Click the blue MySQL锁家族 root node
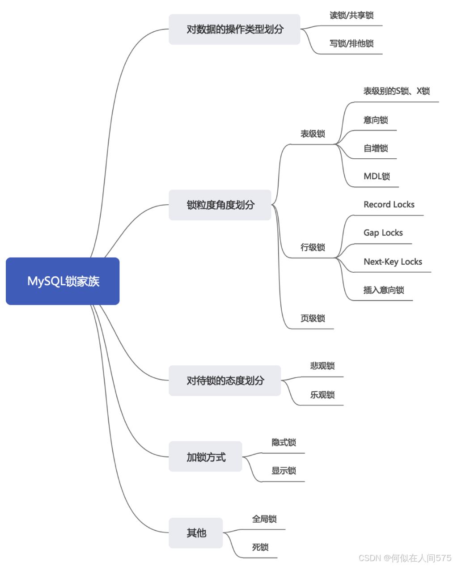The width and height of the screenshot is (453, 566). tap(63, 281)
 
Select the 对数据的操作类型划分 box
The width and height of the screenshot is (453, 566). tap(234, 29)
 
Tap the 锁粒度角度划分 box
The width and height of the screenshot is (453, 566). tap(220, 205)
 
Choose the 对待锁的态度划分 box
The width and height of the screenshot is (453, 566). tap(224, 380)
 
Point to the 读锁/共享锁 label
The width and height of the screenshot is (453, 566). tap(351, 15)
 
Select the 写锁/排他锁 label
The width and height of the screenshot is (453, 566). tap(351, 43)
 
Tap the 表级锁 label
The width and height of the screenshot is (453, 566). tap(313, 134)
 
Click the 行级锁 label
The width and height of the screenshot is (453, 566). tap(313, 247)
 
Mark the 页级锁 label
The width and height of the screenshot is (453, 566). tap(313, 318)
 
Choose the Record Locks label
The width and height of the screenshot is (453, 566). tap(389, 204)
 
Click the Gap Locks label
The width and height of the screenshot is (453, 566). tap(383, 233)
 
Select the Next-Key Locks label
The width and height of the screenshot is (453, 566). tap(393, 262)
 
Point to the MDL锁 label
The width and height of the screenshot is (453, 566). tap(377, 176)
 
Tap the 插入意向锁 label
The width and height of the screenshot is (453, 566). tap(384, 290)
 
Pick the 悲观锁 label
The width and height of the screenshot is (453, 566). tap(322, 366)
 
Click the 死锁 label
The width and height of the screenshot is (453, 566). tap(260, 547)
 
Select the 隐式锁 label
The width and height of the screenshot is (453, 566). tap(284, 443)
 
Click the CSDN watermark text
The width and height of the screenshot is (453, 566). tap(405, 558)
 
